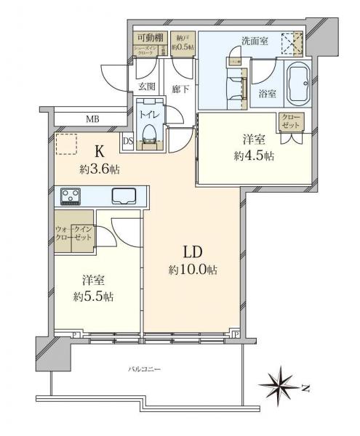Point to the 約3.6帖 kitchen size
(100, 169)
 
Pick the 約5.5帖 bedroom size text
(92, 296)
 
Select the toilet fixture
(149, 133)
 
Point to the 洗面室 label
(254, 41)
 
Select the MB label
(92, 119)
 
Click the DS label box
(127, 141)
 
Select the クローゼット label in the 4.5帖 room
(291, 121)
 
